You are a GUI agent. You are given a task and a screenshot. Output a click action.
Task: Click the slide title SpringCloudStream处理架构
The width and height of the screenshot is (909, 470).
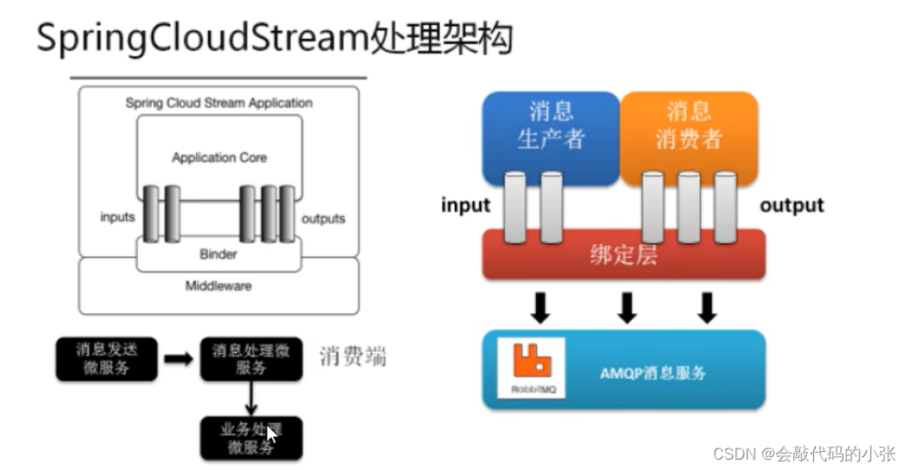[x=274, y=38]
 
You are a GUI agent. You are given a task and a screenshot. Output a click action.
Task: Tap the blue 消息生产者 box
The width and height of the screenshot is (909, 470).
[x=551, y=126]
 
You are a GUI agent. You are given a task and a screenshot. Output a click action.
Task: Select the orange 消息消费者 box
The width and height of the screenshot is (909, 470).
[x=688, y=126]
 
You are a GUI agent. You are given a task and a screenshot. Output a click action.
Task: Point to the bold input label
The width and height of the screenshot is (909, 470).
[x=465, y=206]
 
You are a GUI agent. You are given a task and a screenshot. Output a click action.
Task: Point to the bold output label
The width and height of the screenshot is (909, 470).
[x=792, y=206]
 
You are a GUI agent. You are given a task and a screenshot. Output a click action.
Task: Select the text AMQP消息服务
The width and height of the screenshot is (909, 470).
[x=653, y=373]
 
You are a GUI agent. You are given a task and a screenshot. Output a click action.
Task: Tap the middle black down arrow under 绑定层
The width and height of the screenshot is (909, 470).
[x=628, y=308]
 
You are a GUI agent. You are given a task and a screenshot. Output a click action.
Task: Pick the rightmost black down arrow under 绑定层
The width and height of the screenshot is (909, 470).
[x=707, y=308]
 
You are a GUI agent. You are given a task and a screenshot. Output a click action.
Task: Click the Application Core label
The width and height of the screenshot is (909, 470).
[x=219, y=158]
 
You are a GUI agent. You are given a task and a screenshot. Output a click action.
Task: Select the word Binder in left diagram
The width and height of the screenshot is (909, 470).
[x=218, y=254]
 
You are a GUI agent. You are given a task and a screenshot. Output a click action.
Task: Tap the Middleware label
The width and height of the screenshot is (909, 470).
[x=218, y=285]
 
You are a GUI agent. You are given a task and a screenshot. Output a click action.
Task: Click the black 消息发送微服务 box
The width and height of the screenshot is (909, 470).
[x=106, y=359]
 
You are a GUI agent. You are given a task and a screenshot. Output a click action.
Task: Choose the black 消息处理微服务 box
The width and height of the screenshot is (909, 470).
[x=251, y=359]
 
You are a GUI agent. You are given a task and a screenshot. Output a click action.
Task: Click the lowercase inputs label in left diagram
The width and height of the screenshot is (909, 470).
[x=117, y=217]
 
